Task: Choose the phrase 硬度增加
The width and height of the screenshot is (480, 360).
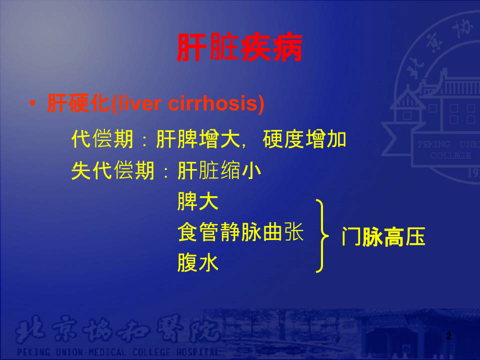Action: (305, 139)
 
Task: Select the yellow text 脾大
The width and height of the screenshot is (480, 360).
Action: (198, 201)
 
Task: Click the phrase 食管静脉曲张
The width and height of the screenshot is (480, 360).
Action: (240, 232)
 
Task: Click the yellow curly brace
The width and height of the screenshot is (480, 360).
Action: (323, 235)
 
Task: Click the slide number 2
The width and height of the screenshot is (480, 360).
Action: (448, 337)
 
